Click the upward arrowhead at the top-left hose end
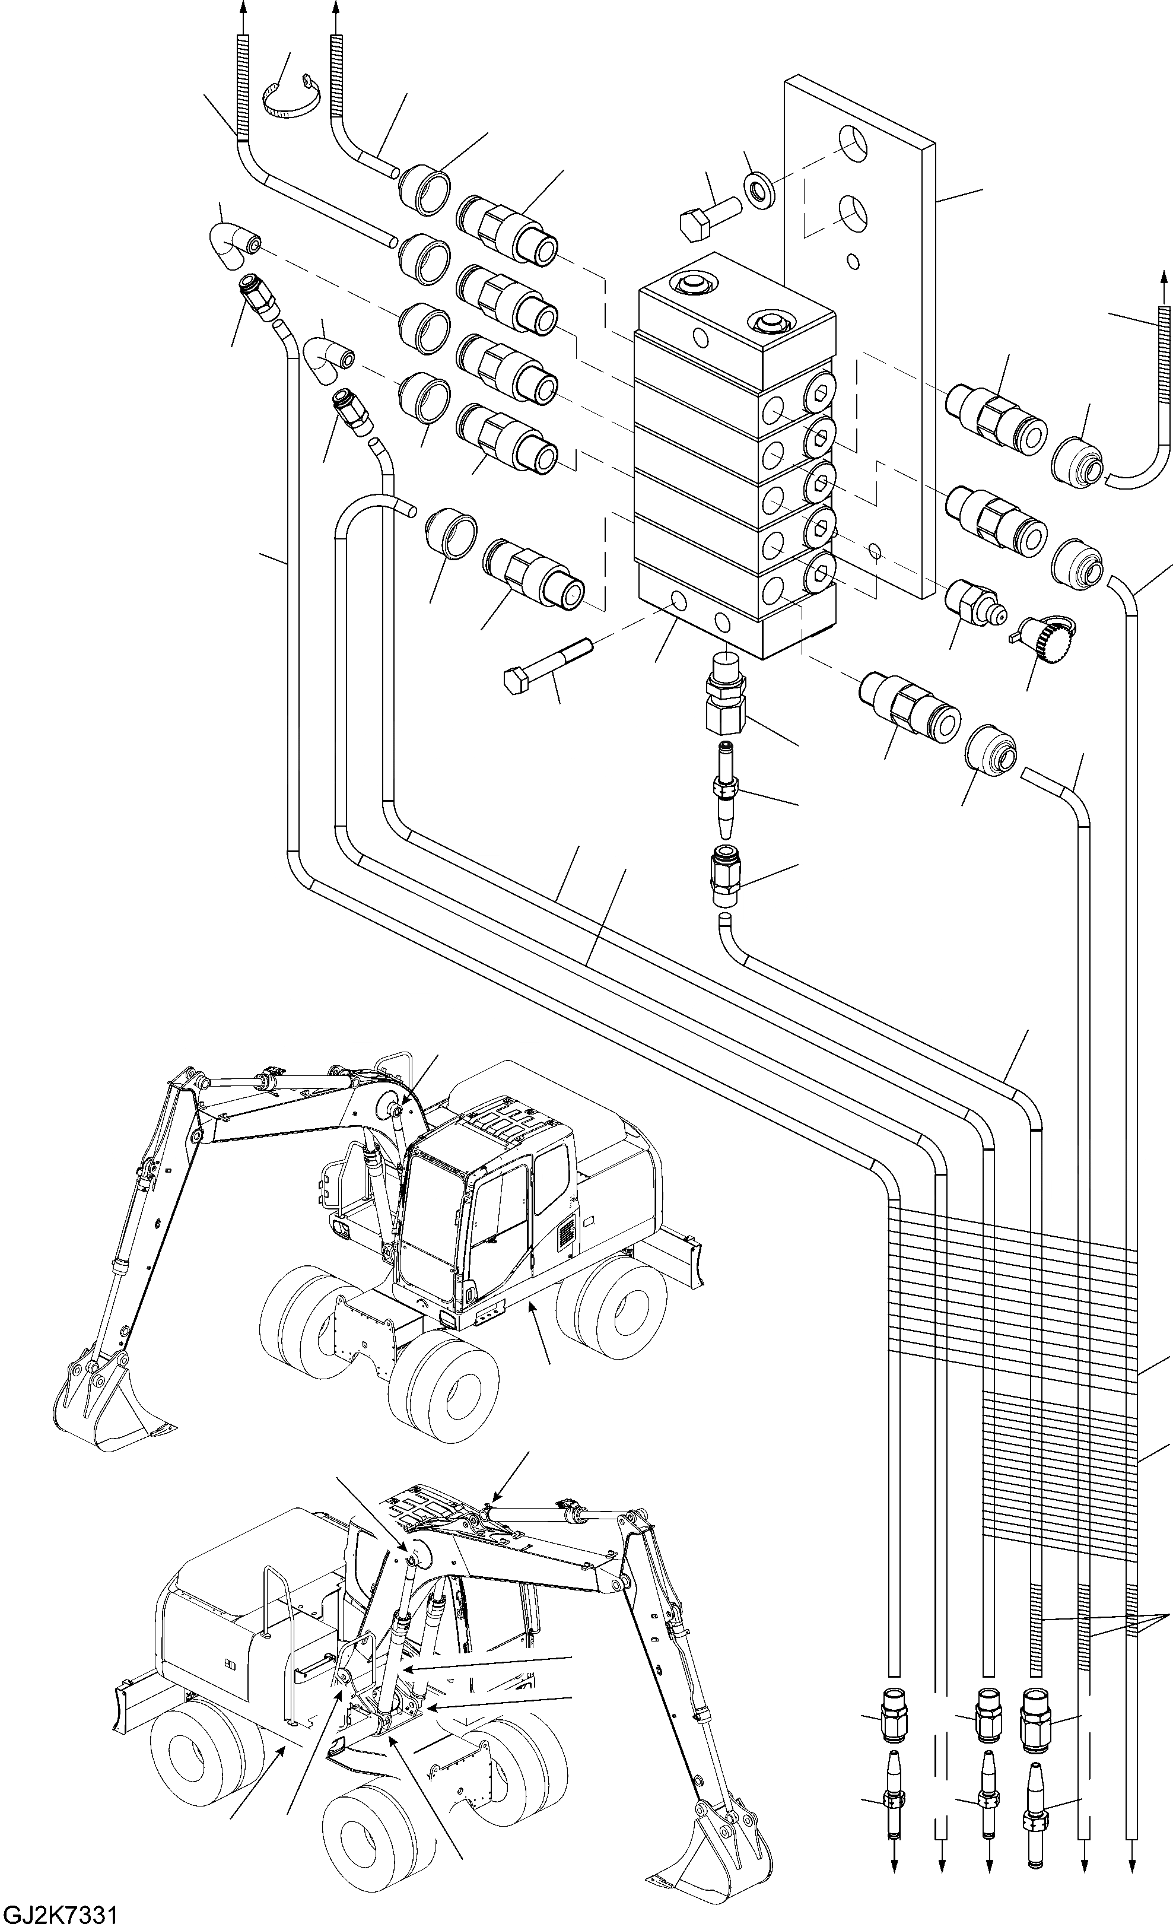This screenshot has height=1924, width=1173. click(x=243, y=7)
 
